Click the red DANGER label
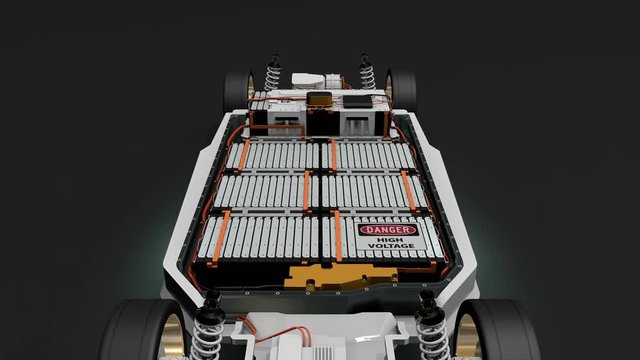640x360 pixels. click(387, 230)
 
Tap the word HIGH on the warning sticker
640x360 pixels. click(387, 241)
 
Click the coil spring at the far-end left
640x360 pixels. click(273, 77)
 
